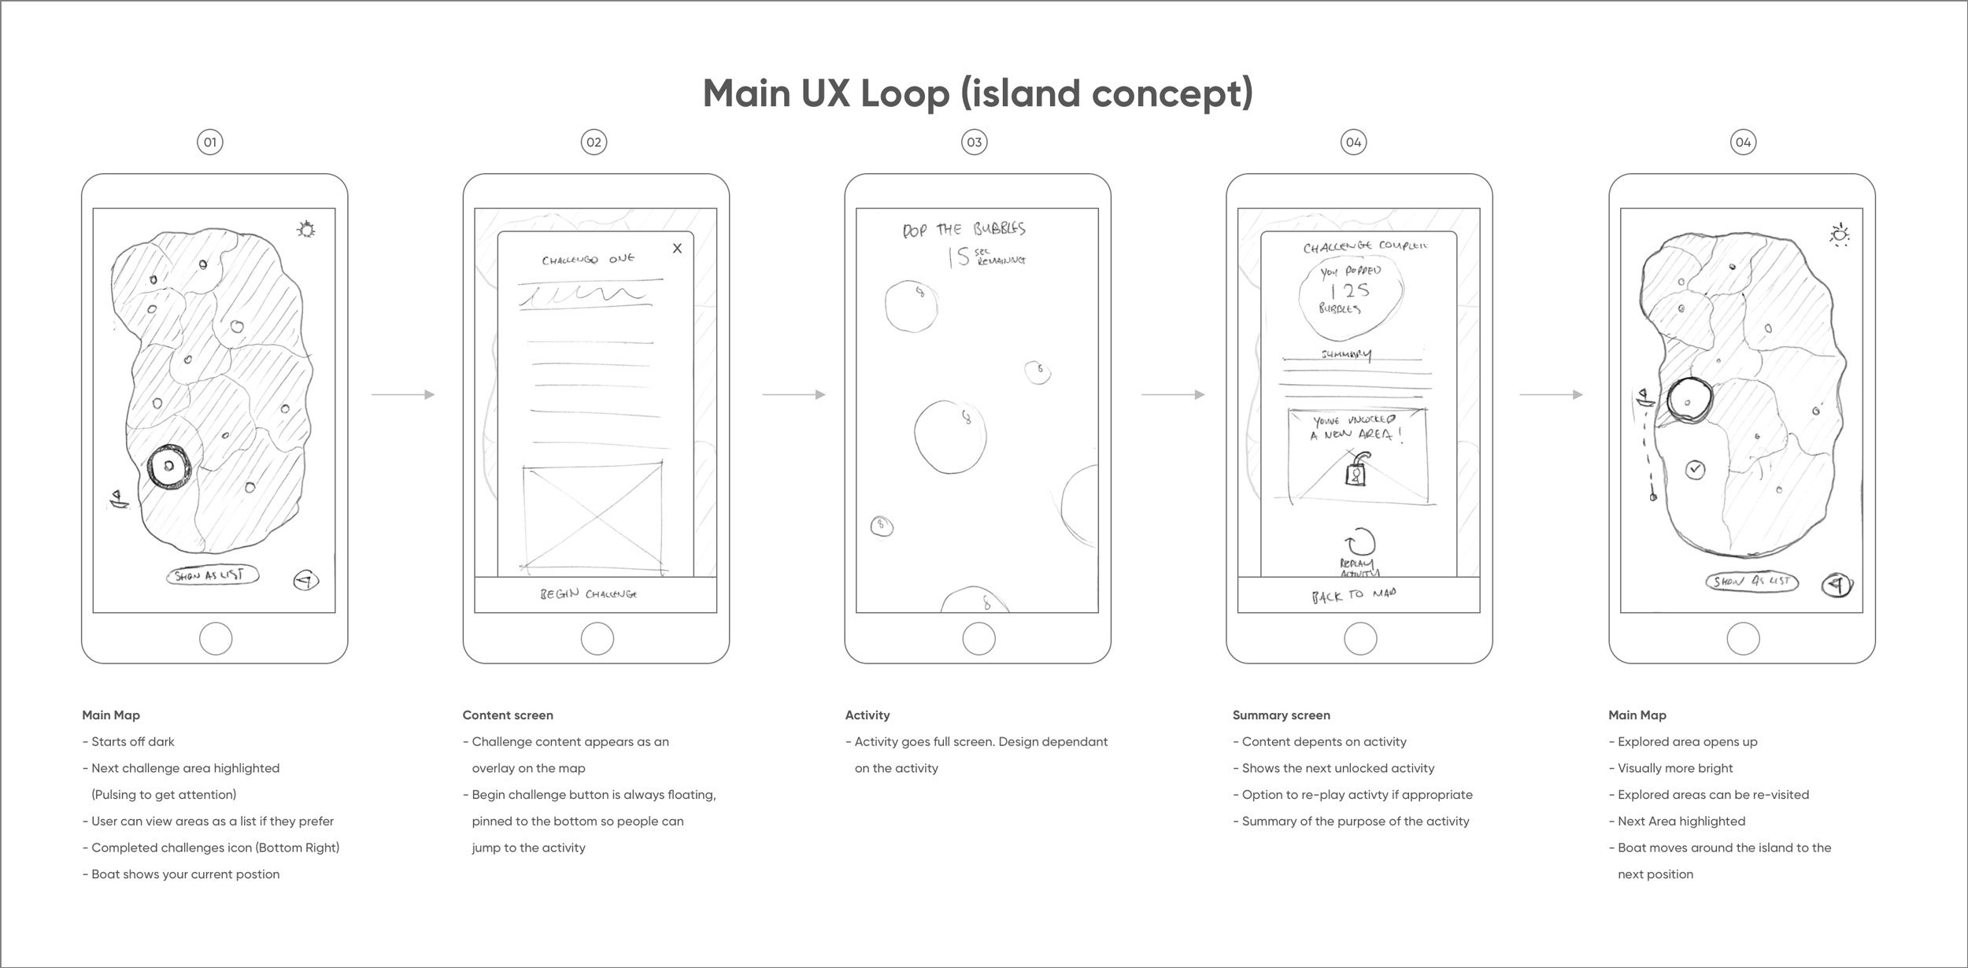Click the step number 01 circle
210,142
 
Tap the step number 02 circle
594,142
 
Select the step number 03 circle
975,142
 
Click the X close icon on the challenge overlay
677,249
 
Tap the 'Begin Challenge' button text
589,594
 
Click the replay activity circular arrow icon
1361,542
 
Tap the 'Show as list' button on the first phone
213,575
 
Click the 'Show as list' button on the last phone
1752,582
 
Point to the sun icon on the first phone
306,230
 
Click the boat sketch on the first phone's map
119,500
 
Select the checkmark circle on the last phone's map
1696,470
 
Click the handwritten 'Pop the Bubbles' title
964,229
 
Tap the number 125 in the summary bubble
1350,290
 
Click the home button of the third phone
978,638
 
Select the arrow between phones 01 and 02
402,394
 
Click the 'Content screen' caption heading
508,715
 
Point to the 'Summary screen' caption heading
1281,715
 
